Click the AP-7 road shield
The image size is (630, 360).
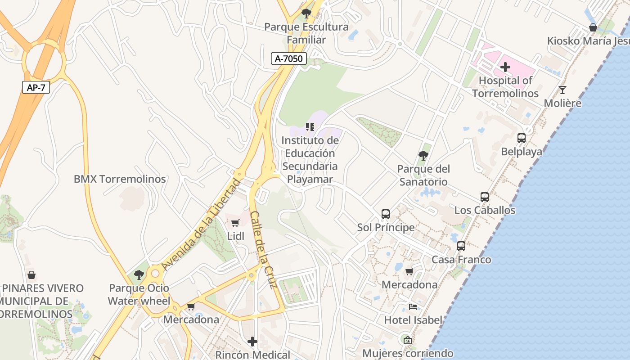(x=36, y=87)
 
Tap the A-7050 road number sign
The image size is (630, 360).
(x=289, y=58)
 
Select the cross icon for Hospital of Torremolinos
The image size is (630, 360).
(x=505, y=67)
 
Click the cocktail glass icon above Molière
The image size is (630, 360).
(x=562, y=90)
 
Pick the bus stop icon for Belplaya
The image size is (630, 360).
(x=522, y=138)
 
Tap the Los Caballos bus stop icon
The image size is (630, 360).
(x=485, y=197)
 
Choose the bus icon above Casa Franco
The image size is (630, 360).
(x=461, y=246)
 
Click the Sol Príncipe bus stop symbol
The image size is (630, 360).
(x=386, y=214)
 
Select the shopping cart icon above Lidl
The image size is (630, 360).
(x=235, y=222)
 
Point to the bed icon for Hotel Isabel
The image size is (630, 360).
(x=413, y=307)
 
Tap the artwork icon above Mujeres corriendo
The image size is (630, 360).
(x=407, y=340)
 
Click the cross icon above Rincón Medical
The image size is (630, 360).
(x=252, y=342)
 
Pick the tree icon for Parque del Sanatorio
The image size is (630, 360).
(x=423, y=156)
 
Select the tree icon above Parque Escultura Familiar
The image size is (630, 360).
(x=306, y=13)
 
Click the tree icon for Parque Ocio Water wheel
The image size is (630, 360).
(x=139, y=274)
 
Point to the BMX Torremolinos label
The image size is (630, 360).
(x=120, y=179)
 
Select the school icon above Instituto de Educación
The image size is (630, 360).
(x=310, y=127)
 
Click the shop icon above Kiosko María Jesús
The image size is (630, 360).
(x=593, y=27)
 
